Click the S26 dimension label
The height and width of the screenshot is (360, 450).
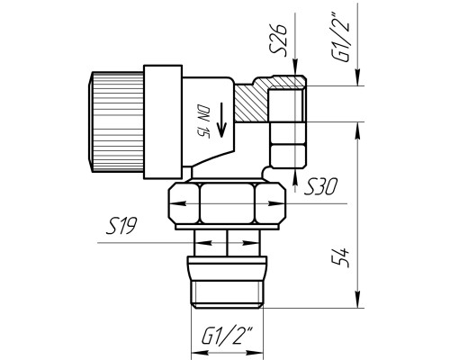point(278,40)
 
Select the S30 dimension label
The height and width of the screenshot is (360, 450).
point(320,186)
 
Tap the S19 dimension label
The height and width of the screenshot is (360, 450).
point(121,226)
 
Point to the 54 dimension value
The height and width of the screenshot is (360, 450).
point(341,257)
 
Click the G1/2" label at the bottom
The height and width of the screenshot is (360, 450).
point(228,335)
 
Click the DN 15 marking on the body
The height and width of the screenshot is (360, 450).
point(202,121)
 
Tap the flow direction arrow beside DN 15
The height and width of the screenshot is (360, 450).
point(221,120)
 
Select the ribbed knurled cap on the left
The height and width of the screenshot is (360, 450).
point(116,121)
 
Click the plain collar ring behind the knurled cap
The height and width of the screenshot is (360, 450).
point(163,121)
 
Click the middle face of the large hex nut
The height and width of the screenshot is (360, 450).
point(227,203)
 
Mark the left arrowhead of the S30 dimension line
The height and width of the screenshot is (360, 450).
point(178,203)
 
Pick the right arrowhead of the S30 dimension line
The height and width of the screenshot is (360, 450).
point(276,203)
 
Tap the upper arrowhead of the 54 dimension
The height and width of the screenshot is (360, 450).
point(357,130)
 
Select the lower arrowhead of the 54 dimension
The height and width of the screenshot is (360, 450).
point(357,300)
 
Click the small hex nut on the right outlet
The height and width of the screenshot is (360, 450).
point(288,145)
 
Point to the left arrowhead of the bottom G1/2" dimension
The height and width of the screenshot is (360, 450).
point(200,352)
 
